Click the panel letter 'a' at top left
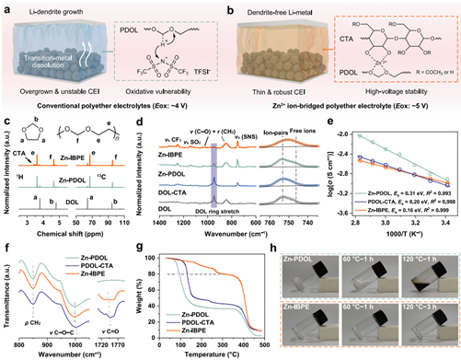(x=7, y=6)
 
